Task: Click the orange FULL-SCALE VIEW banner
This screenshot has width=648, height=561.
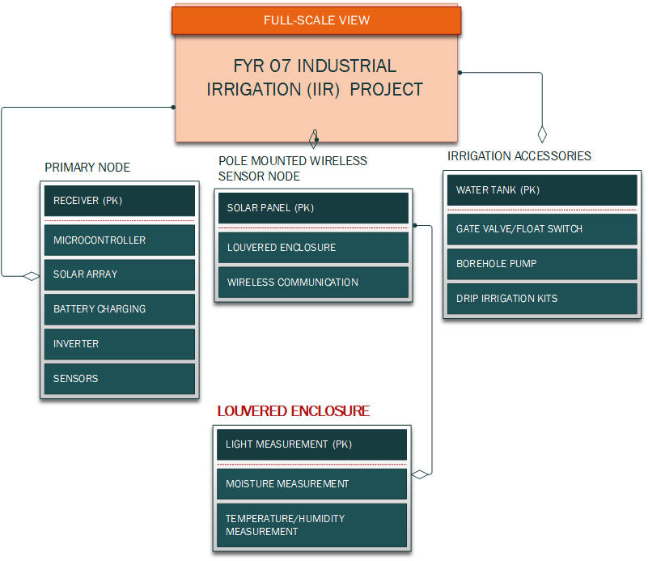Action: (316, 20)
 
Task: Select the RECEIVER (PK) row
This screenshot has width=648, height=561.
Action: (119, 201)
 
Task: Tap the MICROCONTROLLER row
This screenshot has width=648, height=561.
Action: (119, 240)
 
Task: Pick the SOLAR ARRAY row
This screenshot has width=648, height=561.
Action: (119, 274)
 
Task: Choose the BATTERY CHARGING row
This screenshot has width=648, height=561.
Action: (119, 309)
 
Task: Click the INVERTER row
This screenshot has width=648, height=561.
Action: (119, 344)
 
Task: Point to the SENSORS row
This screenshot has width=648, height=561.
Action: (119, 379)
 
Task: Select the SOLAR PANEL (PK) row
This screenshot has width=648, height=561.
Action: (313, 208)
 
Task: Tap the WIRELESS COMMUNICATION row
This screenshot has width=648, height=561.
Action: (313, 283)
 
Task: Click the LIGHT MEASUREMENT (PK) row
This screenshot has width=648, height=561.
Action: (311, 444)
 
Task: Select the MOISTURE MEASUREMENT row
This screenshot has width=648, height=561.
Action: (311, 484)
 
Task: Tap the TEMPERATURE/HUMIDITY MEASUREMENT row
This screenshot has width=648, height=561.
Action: (311, 525)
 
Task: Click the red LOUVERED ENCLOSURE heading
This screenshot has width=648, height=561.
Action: (293, 411)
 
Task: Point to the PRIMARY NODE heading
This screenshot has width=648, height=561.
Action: (87, 168)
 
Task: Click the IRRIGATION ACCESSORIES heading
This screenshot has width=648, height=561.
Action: (519, 156)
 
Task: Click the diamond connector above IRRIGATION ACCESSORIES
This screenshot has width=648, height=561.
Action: (543, 134)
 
